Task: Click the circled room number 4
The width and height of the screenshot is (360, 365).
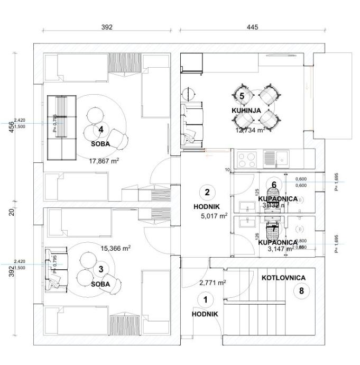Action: [100, 130]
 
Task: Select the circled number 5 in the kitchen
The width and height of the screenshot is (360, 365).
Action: [242, 96]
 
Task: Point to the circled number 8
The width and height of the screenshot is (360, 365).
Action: [301, 290]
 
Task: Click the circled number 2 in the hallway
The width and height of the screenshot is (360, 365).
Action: [207, 192]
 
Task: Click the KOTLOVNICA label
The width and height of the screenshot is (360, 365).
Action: [283, 277]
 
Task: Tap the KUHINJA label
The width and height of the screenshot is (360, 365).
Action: [247, 111]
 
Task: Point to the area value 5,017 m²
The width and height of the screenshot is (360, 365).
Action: [214, 216]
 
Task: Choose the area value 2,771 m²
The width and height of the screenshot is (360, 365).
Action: [213, 282]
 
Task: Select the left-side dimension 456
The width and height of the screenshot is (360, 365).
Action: [12, 128]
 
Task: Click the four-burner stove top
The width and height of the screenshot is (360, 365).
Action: [247, 157]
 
